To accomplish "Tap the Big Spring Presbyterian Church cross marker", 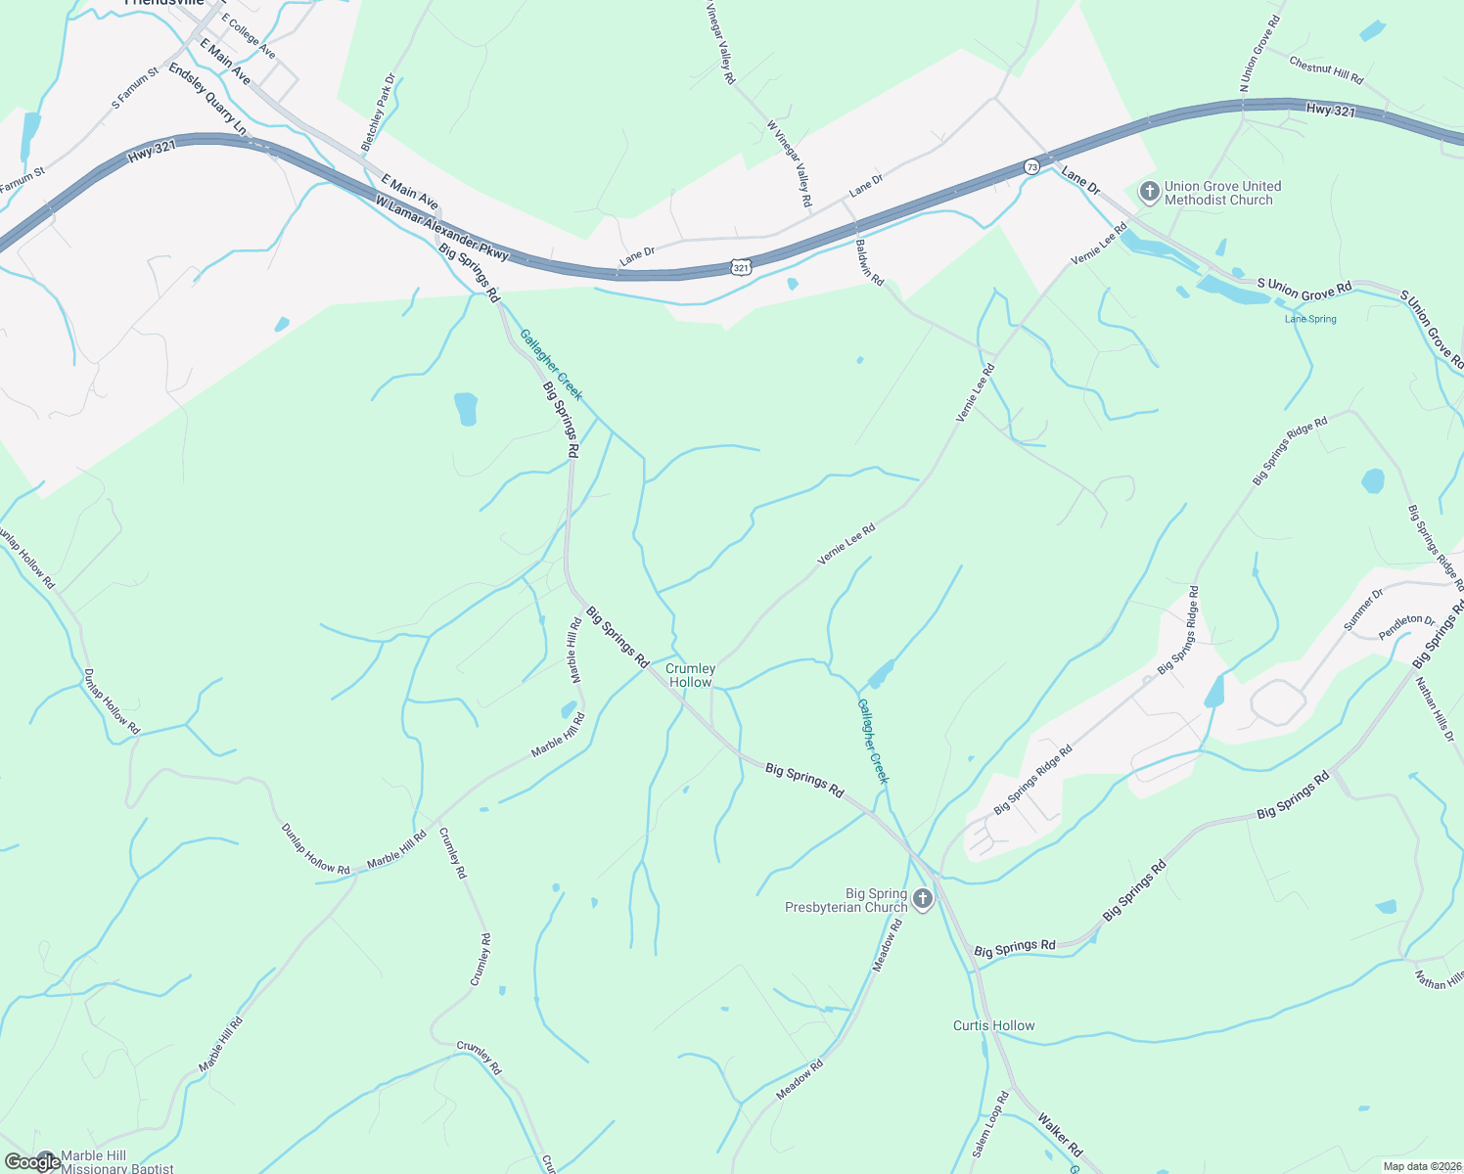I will coord(922,899).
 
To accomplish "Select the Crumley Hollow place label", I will coord(690,675).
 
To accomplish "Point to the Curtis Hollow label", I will coord(993,1025).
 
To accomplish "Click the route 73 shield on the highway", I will coord(1031,167).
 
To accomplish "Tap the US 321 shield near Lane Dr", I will coord(741,266).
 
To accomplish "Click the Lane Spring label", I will coord(1309,319).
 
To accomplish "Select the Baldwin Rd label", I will coord(869,262).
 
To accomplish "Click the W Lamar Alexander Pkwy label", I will coord(442,228).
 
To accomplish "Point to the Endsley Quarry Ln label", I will coord(206,99).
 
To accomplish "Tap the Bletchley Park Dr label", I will coord(378,112).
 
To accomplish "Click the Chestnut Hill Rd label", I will coord(1326,69).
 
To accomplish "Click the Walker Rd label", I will coord(1060,1134).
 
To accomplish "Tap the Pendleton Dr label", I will coord(1406,627).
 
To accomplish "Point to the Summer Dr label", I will coord(1363,610).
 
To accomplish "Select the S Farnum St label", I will coord(135,88).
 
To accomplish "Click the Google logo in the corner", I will coord(31,1161).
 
